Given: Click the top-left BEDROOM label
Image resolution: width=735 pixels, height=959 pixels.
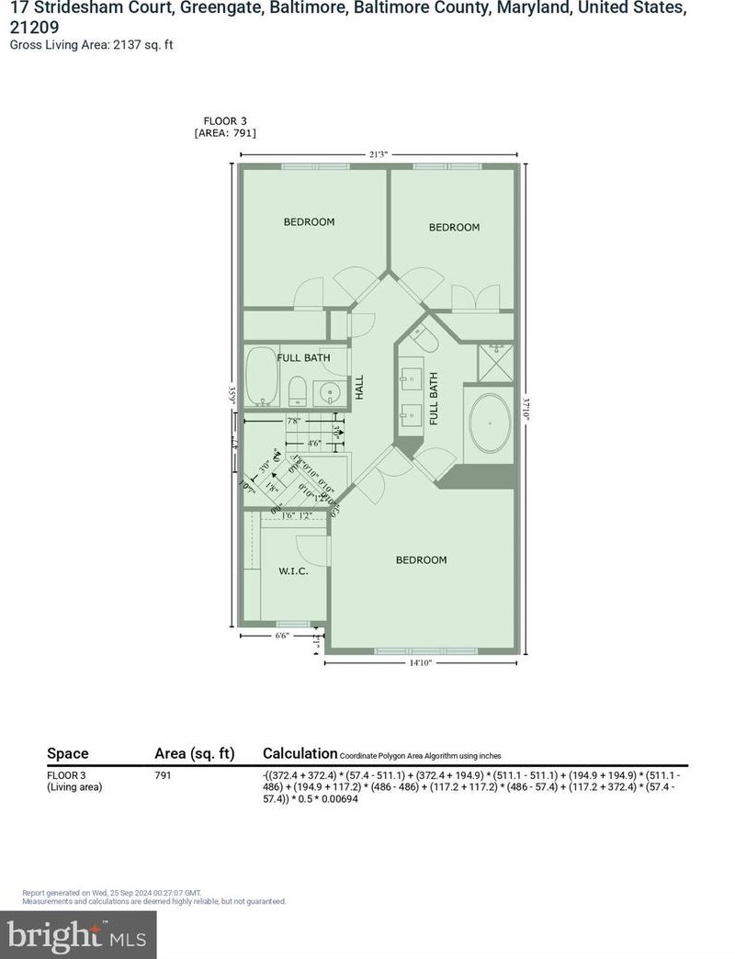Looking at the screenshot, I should (x=309, y=221).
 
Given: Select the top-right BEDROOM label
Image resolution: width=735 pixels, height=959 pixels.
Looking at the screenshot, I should (x=454, y=227).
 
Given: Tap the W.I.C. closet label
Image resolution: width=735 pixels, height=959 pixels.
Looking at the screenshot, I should (x=292, y=571).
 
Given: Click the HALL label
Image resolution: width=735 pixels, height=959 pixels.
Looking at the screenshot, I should (x=361, y=387).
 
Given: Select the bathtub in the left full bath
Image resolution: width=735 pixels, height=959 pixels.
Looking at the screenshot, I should (x=263, y=378).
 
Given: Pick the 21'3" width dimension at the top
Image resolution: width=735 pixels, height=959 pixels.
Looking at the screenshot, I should (x=377, y=154).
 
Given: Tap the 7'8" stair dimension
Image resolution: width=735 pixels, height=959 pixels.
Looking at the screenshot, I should (x=294, y=422).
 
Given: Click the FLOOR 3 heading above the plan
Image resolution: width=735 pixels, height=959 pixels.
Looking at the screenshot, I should (x=225, y=120).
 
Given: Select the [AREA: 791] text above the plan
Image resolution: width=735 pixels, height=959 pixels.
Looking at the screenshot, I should (x=225, y=133).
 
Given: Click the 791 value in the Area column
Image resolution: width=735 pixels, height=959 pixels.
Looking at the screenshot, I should (x=163, y=775).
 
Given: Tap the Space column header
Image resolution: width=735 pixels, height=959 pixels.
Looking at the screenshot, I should (x=68, y=753).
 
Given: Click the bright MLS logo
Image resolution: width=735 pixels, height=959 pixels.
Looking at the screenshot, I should (x=78, y=935).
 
